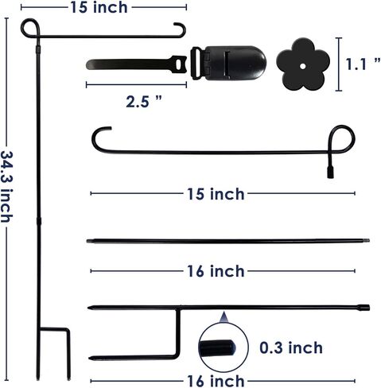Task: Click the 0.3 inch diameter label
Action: (291, 347)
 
